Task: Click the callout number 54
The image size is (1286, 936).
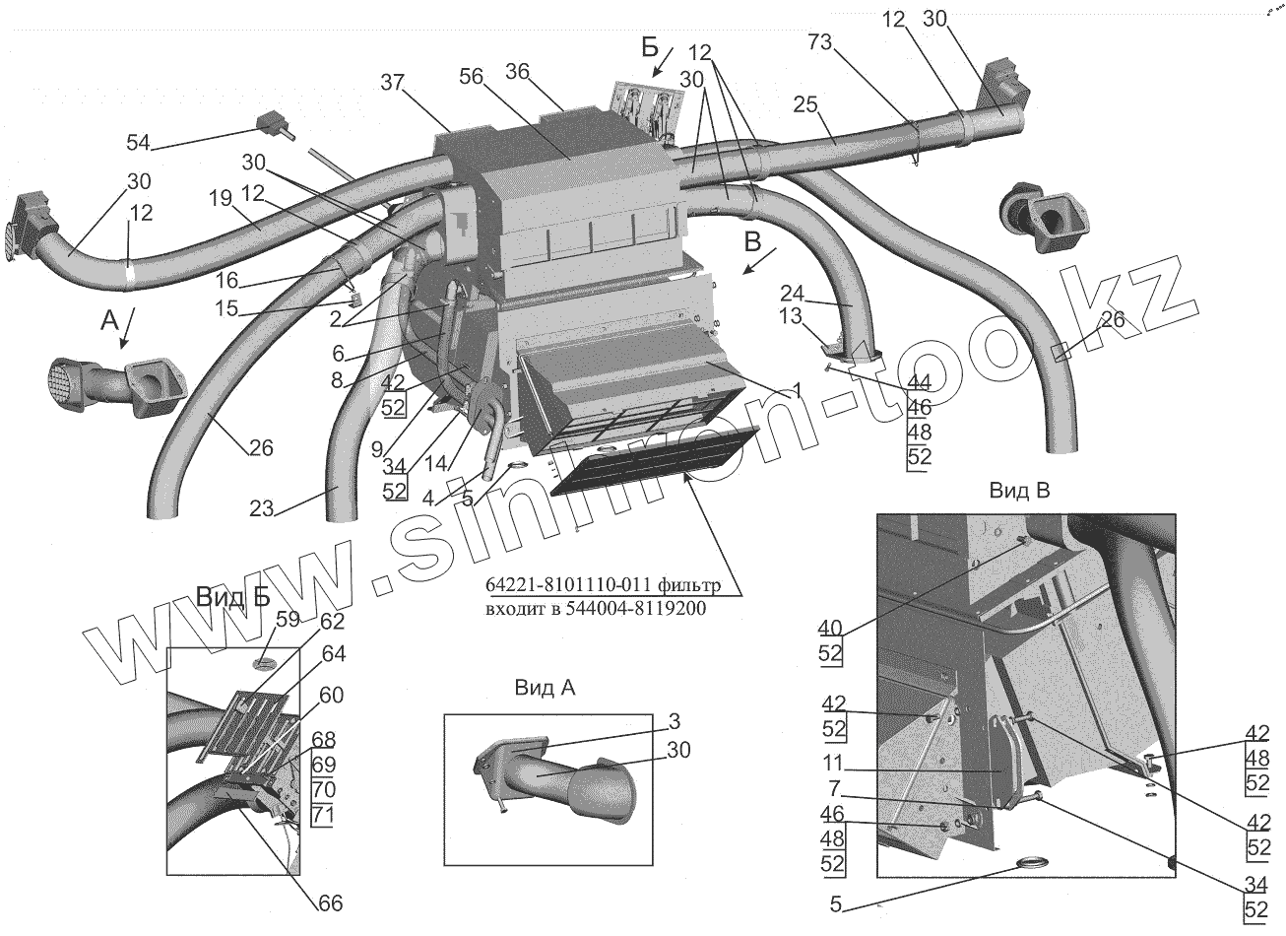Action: (138, 143)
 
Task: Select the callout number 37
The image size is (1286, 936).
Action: (392, 84)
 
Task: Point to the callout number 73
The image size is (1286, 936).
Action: (821, 43)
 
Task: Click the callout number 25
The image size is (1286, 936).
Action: (805, 104)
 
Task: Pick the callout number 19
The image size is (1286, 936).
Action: (220, 196)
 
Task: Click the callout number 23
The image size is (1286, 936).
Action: (263, 508)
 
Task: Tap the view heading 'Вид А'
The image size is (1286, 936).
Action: (545, 688)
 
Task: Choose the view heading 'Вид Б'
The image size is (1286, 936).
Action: (232, 597)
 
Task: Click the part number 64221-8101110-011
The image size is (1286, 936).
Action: (565, 588)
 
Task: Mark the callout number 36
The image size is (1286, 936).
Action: (518, 71)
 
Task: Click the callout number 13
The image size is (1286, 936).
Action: (789, 316)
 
